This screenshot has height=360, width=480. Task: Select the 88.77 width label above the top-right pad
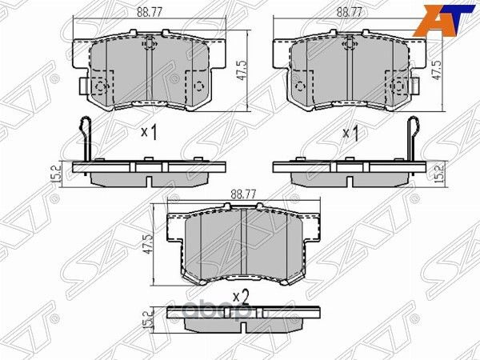tap(346, 12)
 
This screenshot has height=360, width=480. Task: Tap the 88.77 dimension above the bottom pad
tap(241, 193)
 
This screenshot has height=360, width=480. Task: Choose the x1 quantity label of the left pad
tap(148, 133)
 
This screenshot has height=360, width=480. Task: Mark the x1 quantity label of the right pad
tap(350, 133)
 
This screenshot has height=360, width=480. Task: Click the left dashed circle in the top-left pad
tap(101, 87)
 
